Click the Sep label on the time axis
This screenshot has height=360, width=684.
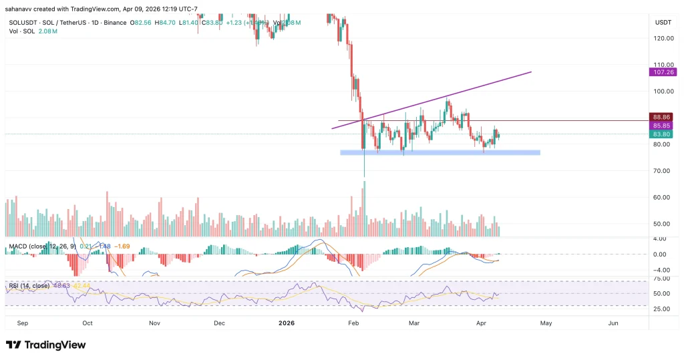(x=23, y=323)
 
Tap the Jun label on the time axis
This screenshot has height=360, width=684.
(x=613, y=323)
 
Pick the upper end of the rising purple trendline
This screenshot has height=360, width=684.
(x=530, y=71)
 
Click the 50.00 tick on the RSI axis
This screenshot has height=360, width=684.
(x=660, y=293)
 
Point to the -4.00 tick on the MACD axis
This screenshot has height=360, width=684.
(x=660, y=270)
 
